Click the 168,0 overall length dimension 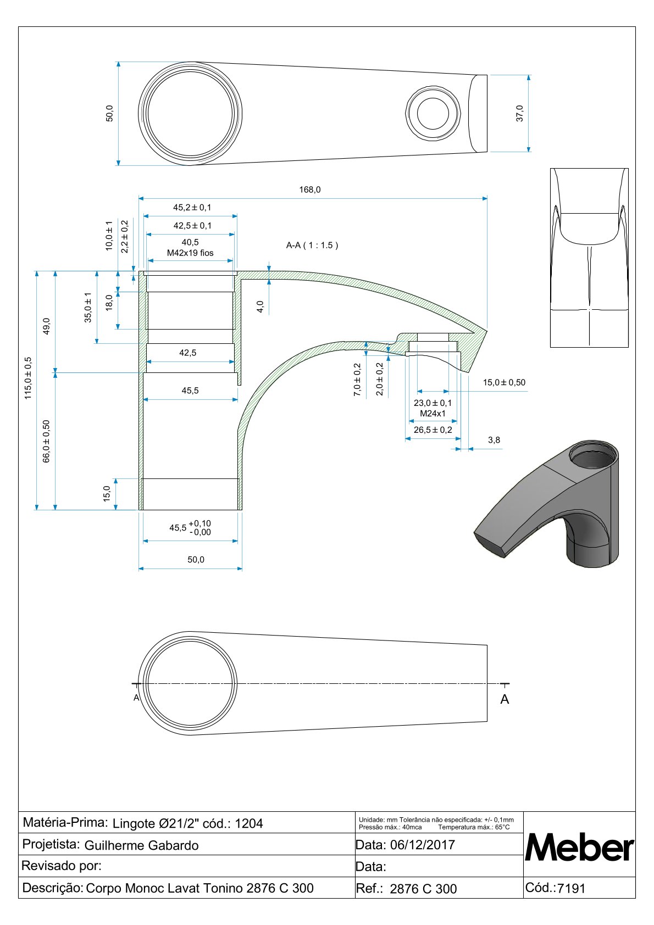pyautogui.click(x=309, y=190)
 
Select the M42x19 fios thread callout pyautogui.click(x=190, y=253)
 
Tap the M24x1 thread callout pyautogui.click(x=433, y=414)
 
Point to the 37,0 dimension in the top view pyautogui.click(x=520, y=113)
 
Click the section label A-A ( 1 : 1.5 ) pyautogui.click(x=312, y=246)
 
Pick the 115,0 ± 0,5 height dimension pyautogui.click(x=29, y=378)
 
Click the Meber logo pyautogui.click(x=579, y=848)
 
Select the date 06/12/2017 pyautogui.click(x=422, y=845)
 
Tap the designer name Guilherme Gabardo pyautogui.click(x=141, y=845)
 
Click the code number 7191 pyautogui.click(x=571, y=888)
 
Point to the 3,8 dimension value pyautogui.click(x=494, y=440)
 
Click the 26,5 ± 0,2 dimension pyautogui.click(x=433, y=430)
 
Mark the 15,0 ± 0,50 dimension pyautogui.click(x=504, y=382)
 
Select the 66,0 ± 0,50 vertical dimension pyautogui.click(x=47, y=441)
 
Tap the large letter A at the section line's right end pyautogui.click(x=505, y=699)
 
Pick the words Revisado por pyautogui.click(x=62, y=866)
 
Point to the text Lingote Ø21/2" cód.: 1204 pyautogui.click(x=187, y=823)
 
